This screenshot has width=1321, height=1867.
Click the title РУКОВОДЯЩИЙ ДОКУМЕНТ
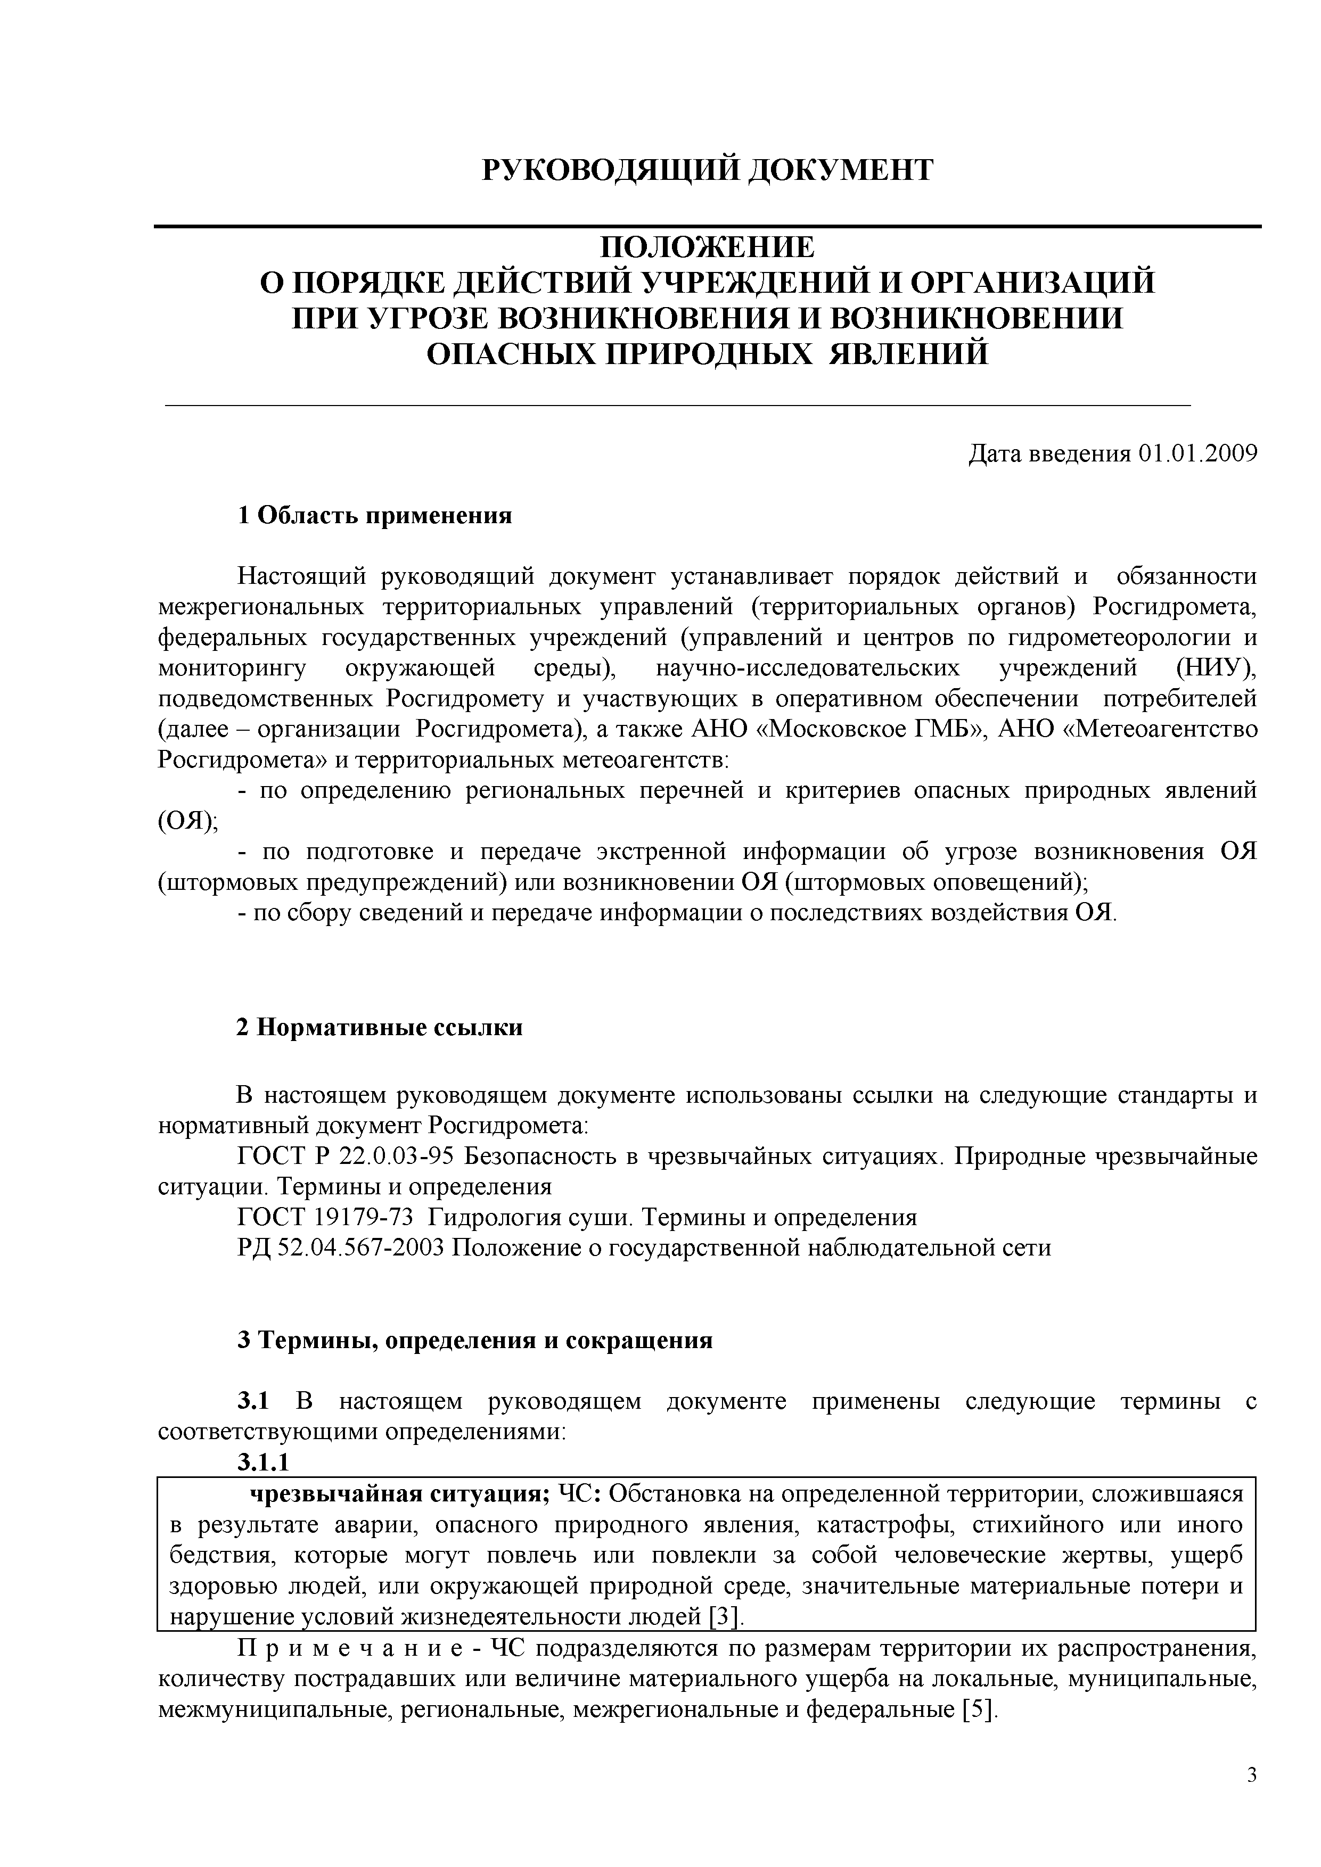point(707,170)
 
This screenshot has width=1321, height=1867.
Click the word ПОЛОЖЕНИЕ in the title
point(707,247)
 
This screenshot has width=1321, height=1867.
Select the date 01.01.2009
point(1198,454)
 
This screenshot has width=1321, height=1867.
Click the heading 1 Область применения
point(375,516)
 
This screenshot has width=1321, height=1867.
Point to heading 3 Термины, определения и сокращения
point(475,1341)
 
